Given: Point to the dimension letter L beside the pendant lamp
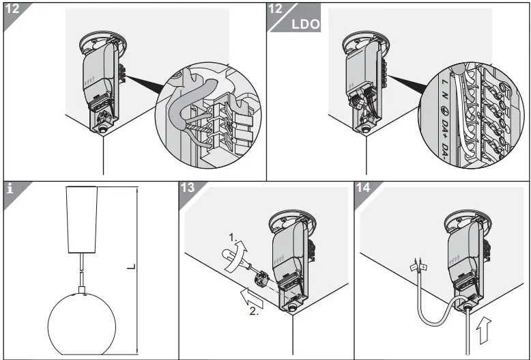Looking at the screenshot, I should pos(130,268).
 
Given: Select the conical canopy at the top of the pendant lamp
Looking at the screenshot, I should pos(83,218).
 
